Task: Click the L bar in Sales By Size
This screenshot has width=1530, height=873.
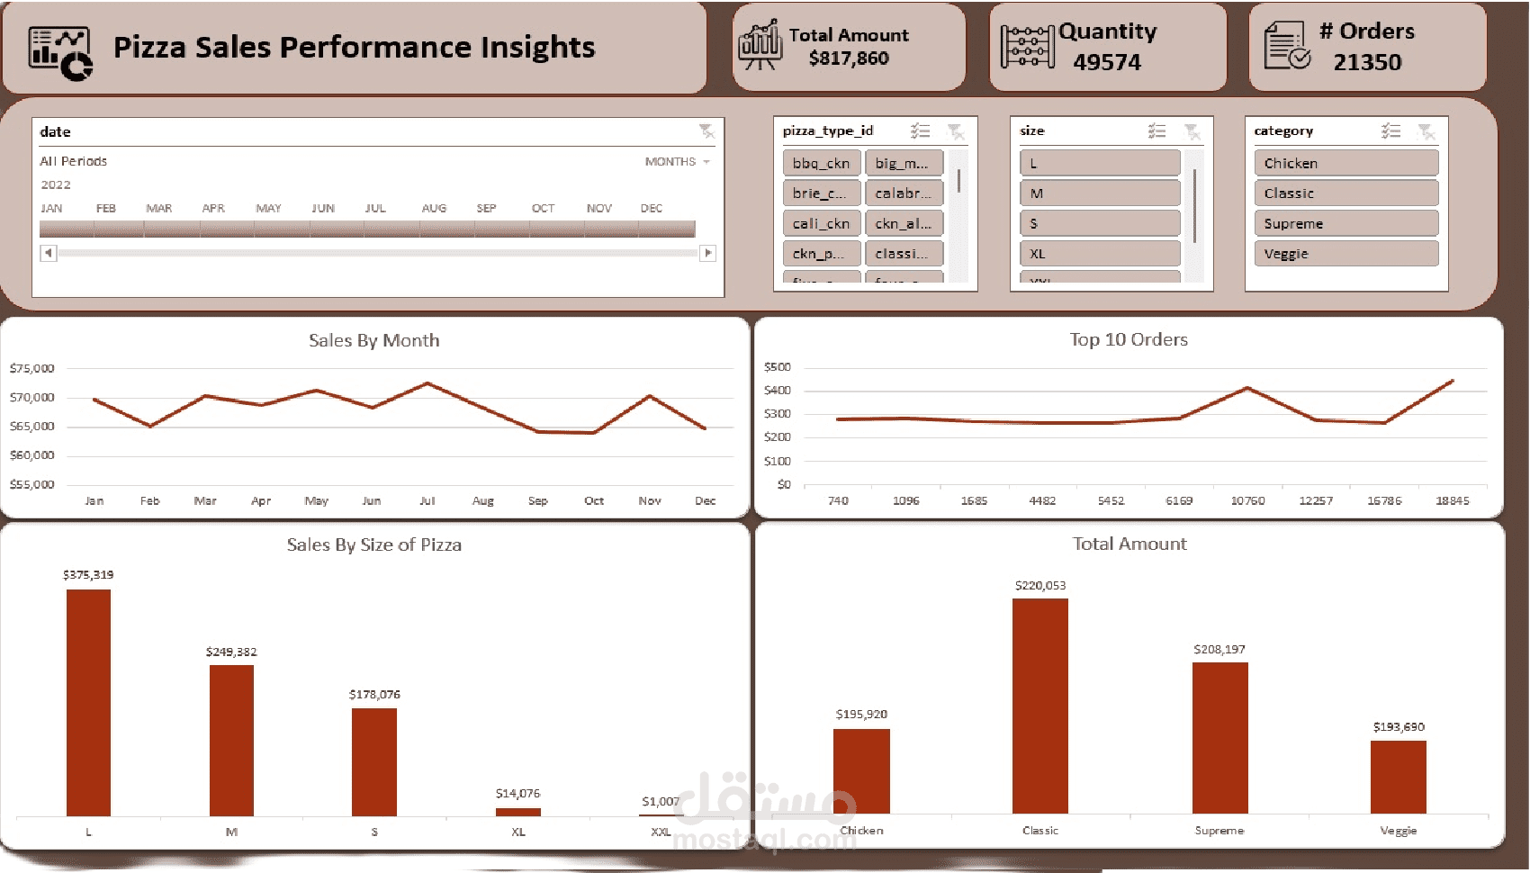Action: click(x=88, y=702)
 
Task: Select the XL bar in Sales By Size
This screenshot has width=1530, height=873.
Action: click(x=518, y=812)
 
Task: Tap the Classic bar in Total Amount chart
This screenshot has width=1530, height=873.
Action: click(x=1039, y=706)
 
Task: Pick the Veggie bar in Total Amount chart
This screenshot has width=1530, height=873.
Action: click(x=1398, y=777)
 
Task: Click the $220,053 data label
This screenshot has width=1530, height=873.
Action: click(x=1039, y=586)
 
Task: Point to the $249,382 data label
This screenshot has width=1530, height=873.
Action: click(x=231, y=652)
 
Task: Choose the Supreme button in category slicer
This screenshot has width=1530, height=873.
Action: click(x=1345, y=223)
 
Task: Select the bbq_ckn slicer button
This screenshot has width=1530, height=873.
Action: click(x=821, y=163)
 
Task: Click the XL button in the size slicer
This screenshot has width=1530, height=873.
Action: click(x=1099, y=254)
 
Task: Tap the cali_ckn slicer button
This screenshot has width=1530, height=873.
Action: click(x=821, y=223)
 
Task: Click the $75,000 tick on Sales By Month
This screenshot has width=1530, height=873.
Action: click(x=32, y=368)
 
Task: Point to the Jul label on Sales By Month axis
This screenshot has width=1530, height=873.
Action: click(x=427, y=501)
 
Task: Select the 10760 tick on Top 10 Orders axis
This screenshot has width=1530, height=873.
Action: click(x=1247, y=500)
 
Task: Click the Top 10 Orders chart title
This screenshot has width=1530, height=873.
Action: click(x=1129, y=339)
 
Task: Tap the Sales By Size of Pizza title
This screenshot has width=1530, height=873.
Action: click(x=373, y=544)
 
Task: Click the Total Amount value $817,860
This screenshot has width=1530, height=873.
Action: click(x=849, y=58)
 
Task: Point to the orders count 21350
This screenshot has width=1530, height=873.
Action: click(x=1367, y=62)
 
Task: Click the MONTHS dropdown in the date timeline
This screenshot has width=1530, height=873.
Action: click(x=677, y=162)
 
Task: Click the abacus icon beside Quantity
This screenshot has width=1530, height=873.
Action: click(x=1027, y=47)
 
